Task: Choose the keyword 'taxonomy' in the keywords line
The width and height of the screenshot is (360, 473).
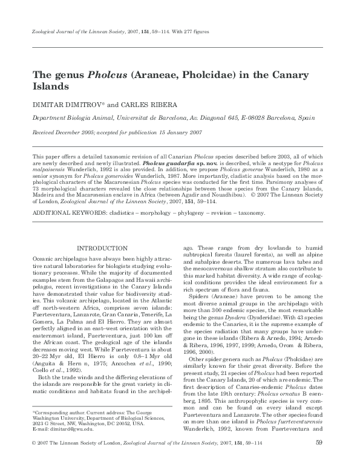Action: coord(251,214)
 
